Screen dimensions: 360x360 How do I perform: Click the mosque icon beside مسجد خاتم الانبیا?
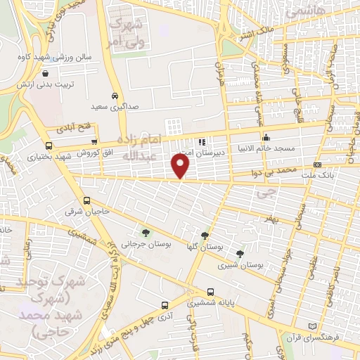coord(266,138)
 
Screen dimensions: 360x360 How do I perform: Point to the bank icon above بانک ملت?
coord(318,165)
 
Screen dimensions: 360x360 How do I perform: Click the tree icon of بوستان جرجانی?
coord(146,232)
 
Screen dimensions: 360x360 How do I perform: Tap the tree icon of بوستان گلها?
coord(205,236)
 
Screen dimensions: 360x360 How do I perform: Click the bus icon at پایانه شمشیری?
coord(210,292)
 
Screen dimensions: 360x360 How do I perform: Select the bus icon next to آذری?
coord(165,305)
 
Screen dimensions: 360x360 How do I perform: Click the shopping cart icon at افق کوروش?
coord(94,141)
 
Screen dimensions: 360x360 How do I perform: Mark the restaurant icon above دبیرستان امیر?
coord(203,141)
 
